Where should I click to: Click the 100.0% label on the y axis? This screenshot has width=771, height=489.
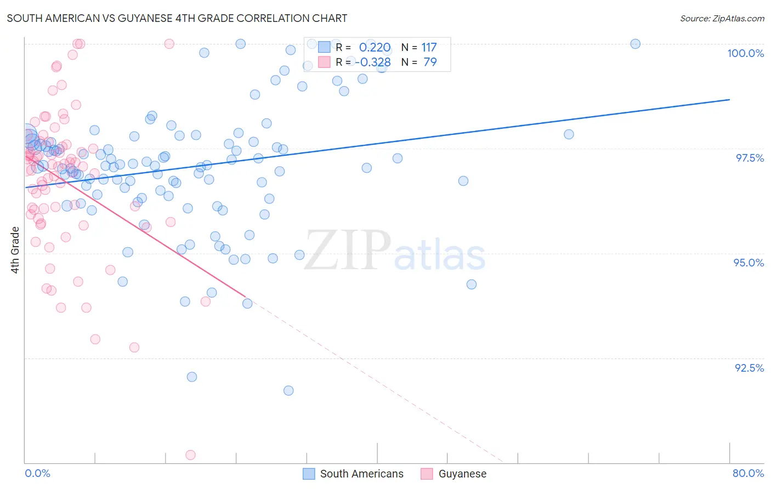[x=745, y=53]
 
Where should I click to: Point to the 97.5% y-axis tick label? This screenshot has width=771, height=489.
[x=749, y=158]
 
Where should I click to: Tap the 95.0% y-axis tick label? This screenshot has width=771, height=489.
[x=749, y=263]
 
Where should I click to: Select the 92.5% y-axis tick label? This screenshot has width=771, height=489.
[x=749, y=368]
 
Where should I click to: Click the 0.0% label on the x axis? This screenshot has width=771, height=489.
[x=37, y=473]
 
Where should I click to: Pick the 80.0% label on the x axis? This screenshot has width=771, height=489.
[x=748, y=473]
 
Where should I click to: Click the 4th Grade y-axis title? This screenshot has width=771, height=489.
[x=15, y=250]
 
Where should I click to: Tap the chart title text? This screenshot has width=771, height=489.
[x=177, y=18]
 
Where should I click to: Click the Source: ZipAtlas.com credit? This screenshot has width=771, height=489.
[x=722, y=18]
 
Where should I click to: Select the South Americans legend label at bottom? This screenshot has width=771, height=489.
[x=361, y=474]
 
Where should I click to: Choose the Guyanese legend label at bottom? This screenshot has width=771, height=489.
[x=462, y=474]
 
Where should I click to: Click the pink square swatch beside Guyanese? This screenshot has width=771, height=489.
[x=427, y=474]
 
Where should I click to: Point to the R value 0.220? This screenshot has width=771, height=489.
[x=375, y=48]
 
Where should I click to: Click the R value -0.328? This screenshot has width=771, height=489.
[x=373, y=62]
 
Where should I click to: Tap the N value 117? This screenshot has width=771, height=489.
[x=429, y=48]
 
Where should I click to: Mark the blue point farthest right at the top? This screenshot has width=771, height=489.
[x=635, y=44]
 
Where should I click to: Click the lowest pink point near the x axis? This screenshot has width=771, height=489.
[x=190, y=455]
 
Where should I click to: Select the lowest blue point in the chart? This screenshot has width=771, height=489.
[x=288, y=390]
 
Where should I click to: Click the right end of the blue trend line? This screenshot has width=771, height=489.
[x=729, y=99]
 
